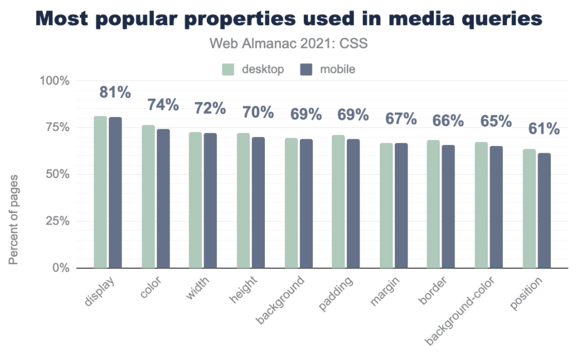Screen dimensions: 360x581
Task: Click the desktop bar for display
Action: (x=100, y=192)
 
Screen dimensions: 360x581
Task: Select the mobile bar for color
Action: (x=163, y=199)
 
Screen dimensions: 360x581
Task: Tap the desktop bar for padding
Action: (x=338, y=202)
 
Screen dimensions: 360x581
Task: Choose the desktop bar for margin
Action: (x=386, y=206)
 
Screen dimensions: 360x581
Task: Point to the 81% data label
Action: (x=115, y=93)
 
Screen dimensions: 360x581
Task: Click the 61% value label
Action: (x=544, y=129)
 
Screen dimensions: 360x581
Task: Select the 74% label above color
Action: (x=163, y=104)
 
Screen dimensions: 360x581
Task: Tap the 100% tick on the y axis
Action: (x=54, y=81)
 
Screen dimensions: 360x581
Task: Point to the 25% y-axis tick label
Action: (x=56, y=221)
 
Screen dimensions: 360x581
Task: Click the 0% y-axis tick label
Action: (x=60, y=268)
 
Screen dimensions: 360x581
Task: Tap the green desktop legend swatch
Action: (x=228, y=70)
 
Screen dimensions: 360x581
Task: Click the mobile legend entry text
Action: (x=337, y=70)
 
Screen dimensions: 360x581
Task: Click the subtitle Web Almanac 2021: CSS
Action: (x=288, y=43)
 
